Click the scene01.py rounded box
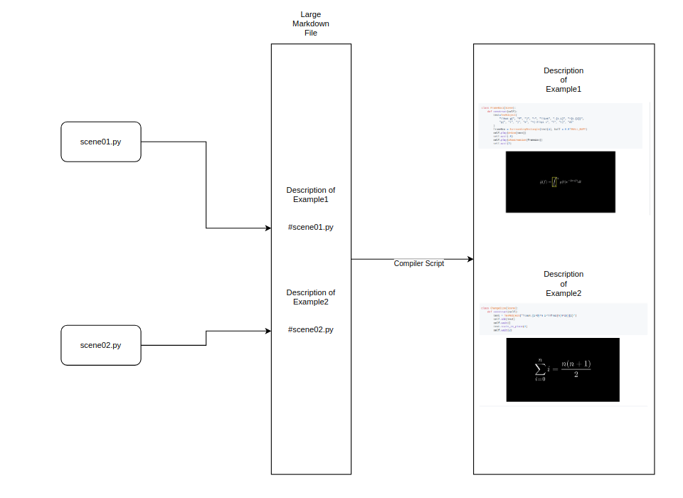(x=100, y=142)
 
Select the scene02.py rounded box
(x=100, y=345)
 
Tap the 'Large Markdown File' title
(x=311, y=23)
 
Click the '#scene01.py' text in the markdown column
(x=311, y=228)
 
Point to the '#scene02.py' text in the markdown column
(x=311, y=329)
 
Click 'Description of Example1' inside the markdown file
(x=311, y=195)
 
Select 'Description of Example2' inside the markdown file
(x=311, y=297)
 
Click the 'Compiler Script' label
(x=419, y=263)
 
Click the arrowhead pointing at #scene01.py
(x=268, y=228)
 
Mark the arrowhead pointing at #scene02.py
(x=268, y=331)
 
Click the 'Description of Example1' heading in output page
(x=563, y=80)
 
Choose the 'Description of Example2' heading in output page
(x=563, y=283)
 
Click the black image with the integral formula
(x=560, y=181)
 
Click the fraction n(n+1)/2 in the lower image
(x=576, y=369)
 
